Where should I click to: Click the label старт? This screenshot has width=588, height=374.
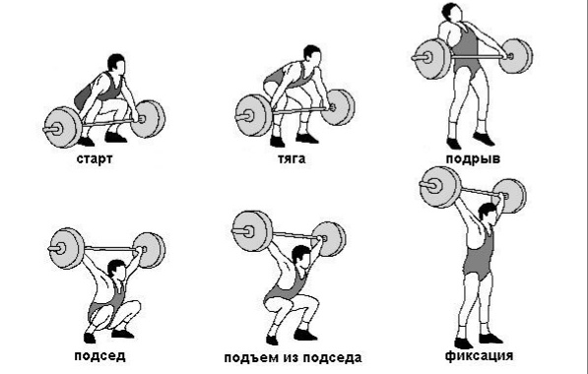95,158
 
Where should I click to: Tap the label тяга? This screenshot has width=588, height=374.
292,158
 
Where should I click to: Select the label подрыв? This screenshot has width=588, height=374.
473,159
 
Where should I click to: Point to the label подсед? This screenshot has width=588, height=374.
99,355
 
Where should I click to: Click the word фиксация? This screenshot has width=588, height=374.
479,355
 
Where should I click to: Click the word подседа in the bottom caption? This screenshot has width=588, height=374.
332,358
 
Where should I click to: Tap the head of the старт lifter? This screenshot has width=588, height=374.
117,64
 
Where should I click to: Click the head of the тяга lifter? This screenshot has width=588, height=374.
313,55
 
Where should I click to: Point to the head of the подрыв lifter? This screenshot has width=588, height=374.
451,13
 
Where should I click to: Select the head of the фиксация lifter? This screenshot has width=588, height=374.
488,214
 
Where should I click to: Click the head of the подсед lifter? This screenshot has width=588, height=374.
117,270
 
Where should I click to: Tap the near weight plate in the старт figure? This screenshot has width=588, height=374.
63,127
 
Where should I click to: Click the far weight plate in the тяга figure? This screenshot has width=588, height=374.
338,107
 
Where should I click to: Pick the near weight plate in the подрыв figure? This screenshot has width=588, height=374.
431,58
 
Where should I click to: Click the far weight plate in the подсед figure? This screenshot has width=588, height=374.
149,250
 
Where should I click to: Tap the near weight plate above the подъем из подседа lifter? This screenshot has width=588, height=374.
252,231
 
